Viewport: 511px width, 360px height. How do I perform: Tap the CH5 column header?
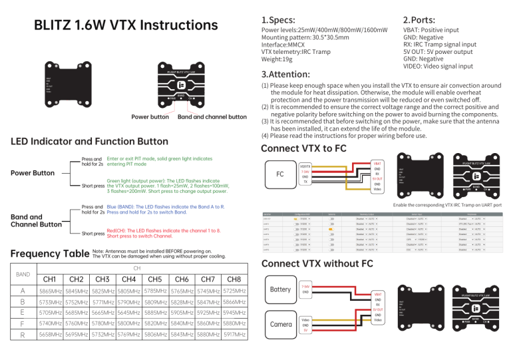point(156,278)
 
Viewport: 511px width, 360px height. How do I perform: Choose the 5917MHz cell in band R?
point(234,335)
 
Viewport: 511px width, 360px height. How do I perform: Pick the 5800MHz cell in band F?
point(129,323)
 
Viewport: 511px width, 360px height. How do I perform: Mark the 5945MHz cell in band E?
point(234,313)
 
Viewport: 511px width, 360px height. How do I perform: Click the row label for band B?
point(23,302)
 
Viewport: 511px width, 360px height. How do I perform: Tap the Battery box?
point(281,290)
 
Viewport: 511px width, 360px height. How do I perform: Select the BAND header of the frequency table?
point(23,273)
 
